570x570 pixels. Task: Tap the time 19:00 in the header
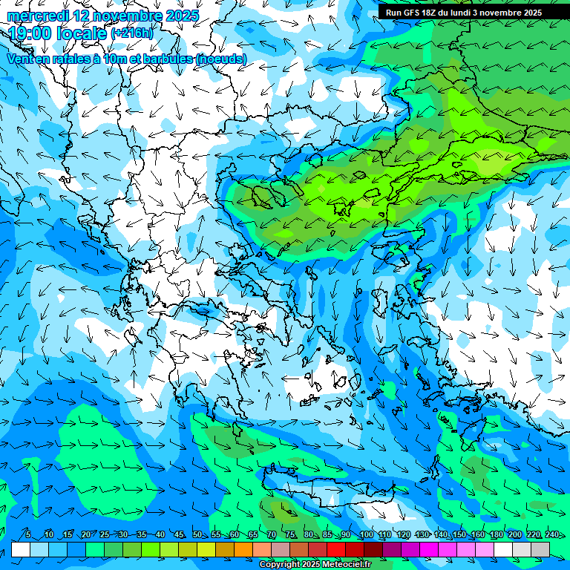(33, 33)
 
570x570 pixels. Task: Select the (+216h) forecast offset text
(131, 33)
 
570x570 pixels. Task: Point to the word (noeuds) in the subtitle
(220, 59)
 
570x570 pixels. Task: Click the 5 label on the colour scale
(28, 535)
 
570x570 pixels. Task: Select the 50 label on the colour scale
(197, 535)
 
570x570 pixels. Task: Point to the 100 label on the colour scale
(366, 535)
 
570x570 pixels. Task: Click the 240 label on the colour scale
(552, 535)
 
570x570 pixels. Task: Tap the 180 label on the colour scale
(497, 535)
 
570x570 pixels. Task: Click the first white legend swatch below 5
(21, 549)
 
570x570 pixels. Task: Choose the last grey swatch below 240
(540, 549)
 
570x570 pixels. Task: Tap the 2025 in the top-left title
(182, 16)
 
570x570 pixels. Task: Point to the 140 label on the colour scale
(441, 535)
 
